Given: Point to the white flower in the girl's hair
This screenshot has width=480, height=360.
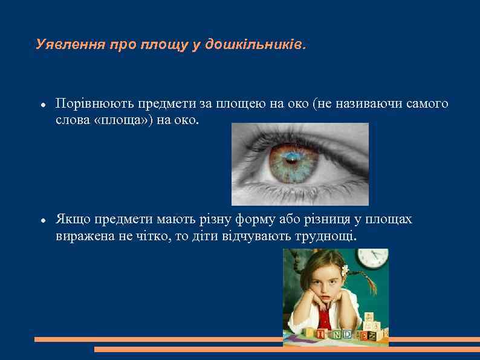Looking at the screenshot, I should [345, 270].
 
